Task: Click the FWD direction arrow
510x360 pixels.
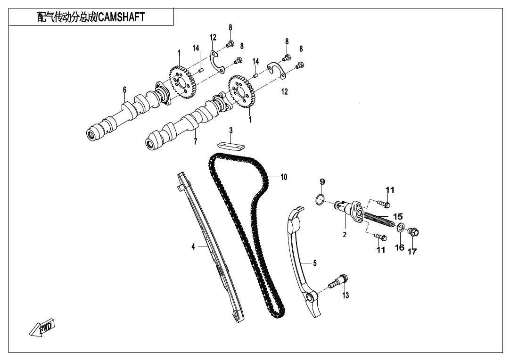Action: pyautogui.click(x=42, y=327)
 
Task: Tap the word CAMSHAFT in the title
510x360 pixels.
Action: pyautogui.click(x=122, y=17)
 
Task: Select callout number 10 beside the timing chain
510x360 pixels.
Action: pyautogui.click(x=283, y=177)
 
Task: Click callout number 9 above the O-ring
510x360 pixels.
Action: pyautogui.click(x=322, y=181)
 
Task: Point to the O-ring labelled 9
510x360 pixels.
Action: pyautogui.click(x=320, y=199)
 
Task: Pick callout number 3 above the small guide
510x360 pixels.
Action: pyautogui.click(x=231, y=130)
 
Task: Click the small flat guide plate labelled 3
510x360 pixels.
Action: pyautogui.click(x=231, y=145)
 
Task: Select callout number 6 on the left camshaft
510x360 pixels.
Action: pyautogui.click(x=124, y=90)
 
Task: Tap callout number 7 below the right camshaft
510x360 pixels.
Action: pyautogui.click(x=195, y=141)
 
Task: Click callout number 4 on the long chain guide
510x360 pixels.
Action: pyautogui.click(x=193, y=246)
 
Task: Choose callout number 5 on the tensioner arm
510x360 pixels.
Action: pyautogui.click(x=315, y=263)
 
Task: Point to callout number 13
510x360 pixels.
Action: pyautogui.click(x=345, y=295)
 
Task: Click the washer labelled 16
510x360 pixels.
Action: pyautogui.click(x=400, y=229)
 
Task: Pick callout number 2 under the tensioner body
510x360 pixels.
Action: pyautogui.click(x=345, y=235)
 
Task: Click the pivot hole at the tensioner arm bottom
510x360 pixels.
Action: pyautogui.click(x=310, y=298)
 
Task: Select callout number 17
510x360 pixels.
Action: pyautogui.click(x=412, y=251)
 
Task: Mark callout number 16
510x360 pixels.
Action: pyautogui.click(x=399, y=247)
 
